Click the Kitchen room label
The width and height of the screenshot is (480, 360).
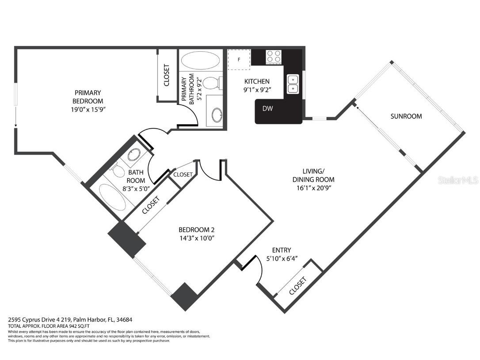257,81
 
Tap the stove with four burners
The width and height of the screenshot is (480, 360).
274,57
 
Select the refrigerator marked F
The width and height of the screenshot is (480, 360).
239,59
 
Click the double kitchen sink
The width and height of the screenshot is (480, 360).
293,84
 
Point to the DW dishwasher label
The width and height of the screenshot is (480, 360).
267,108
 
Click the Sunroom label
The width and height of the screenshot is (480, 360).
406,116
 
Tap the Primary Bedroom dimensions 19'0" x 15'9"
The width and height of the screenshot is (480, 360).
88,110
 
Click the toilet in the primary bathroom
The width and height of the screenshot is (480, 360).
213,83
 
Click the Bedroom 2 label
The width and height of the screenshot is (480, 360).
197,230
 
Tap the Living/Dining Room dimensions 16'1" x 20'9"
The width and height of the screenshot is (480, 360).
313,188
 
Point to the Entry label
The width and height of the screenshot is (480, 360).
282,250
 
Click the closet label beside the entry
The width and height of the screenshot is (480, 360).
297,286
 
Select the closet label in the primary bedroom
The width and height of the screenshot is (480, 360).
167,75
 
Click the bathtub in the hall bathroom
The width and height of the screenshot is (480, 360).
113,197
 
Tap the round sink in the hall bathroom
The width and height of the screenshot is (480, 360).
134,155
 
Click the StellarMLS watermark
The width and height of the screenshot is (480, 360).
458,180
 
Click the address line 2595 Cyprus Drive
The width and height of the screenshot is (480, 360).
70,320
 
